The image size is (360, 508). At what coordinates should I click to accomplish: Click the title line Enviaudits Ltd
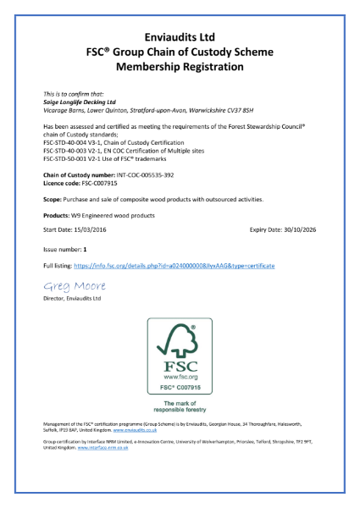click(x=180, y=36)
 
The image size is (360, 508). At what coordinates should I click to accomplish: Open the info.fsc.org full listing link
click(x=178, y=266)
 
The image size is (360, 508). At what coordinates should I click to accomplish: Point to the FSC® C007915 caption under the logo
click(x=180, y=387)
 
